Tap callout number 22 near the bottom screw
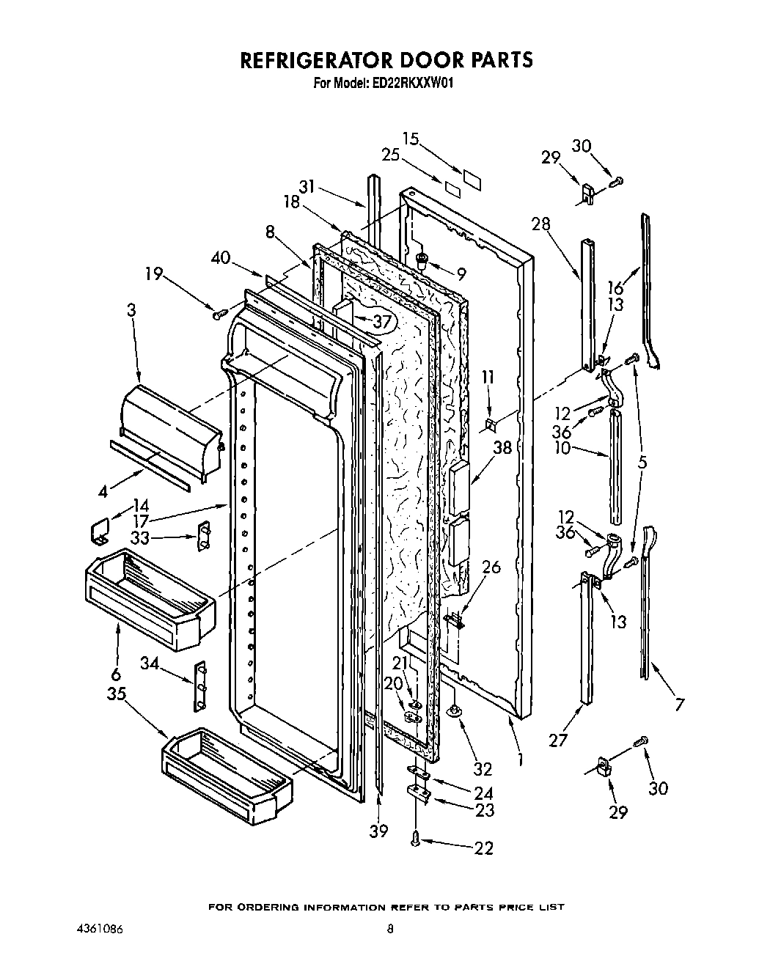click(483, 848)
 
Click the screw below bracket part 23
click(417, 839)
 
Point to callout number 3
click(131, 309)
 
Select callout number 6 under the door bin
click(116, 674)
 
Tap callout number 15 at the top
click(411, 138)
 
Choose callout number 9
click(461, 275)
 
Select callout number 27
click(558, 740)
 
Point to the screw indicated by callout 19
click(218, 315)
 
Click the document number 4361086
click(99, 929)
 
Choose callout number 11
click(488, 378)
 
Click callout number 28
click(541, 224)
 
